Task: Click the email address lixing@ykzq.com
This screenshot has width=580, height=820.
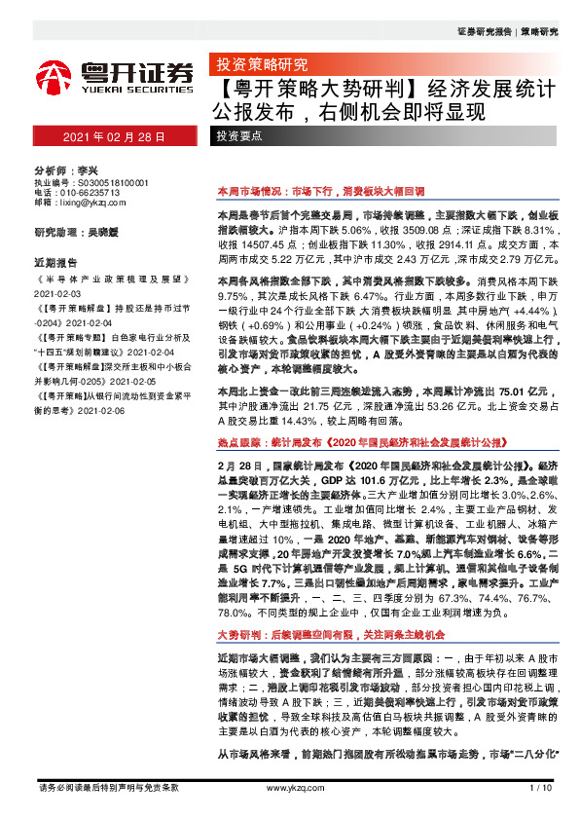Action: coord(101,204)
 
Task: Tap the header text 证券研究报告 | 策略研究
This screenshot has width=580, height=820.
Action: coord(507,31)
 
